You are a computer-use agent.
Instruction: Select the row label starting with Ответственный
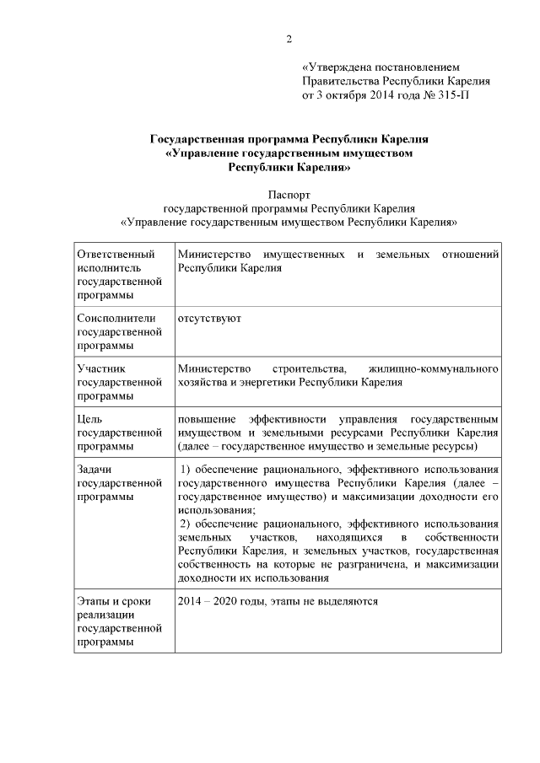point(116,254)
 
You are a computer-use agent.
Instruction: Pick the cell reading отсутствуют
point(209,319)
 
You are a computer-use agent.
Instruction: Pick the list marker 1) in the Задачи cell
point(188,470)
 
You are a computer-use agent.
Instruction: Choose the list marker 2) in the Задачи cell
point(188,524)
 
